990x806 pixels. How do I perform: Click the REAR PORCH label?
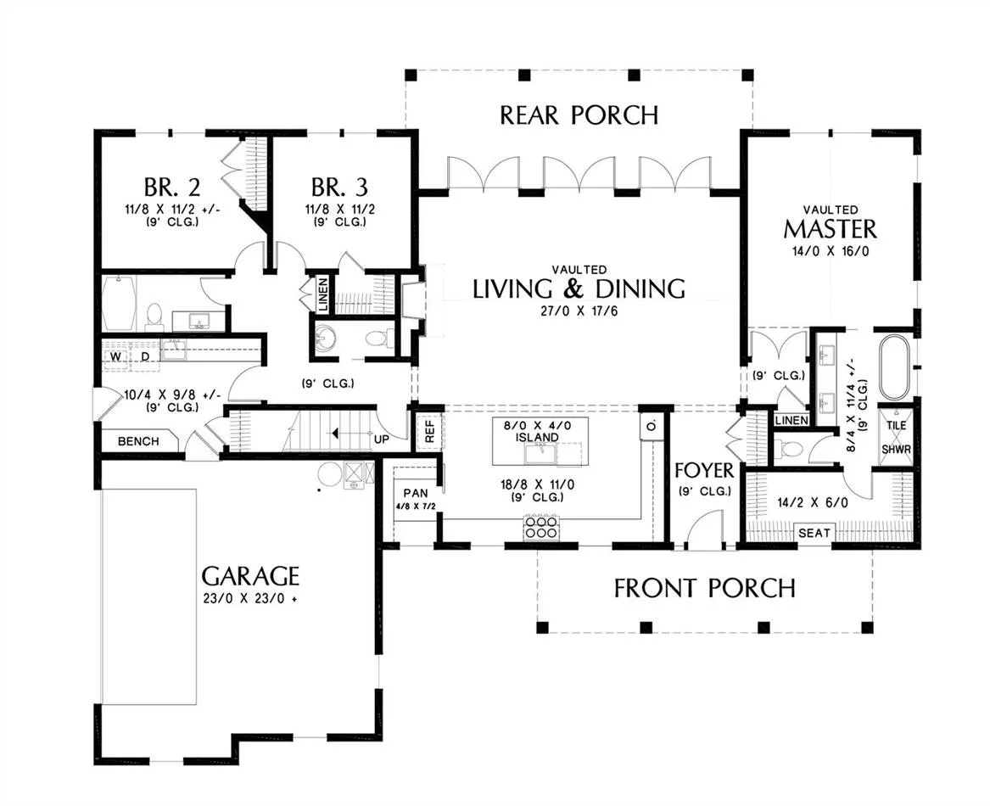coord(579,115)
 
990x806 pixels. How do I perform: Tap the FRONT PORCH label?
coord(705,588)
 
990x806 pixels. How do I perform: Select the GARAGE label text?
coord(250,576)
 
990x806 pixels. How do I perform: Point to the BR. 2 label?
coord(172,187)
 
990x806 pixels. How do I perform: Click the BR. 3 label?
coord(339,187)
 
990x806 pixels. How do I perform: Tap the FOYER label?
coord(704,471)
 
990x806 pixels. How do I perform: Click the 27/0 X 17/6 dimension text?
coord(579,311)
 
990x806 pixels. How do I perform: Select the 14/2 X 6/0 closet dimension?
coord(813,503)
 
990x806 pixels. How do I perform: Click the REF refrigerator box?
coord(430,431)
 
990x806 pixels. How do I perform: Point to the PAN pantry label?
coord(416,493)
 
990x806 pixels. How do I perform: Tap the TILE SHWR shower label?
coord(896,437)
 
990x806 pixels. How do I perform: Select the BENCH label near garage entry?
coord(138,441)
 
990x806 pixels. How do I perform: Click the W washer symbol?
coord(115,357)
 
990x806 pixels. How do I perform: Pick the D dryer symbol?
coord(145,357)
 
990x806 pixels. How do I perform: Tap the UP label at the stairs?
coord(382,439)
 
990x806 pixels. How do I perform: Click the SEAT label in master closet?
coord(814,533)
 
